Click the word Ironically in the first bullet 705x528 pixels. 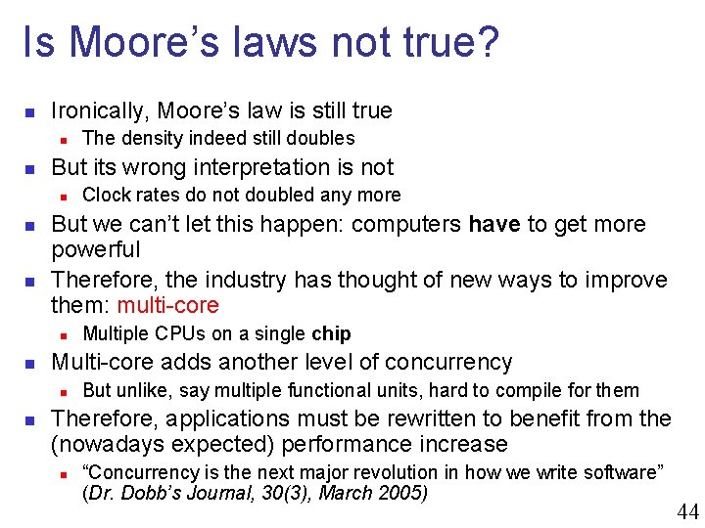(x=99, y=111)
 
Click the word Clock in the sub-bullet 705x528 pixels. (x=105, y=196)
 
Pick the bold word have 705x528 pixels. (x=494, y=225)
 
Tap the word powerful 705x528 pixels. (x=96, y=250)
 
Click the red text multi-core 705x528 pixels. (x=168, y=306)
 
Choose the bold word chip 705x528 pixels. (x=331, y=334)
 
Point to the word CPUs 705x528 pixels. (x=176, y=334)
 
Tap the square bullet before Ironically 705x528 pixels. (x=30, y=111)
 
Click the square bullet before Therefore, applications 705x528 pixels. (x=30, y=419)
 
